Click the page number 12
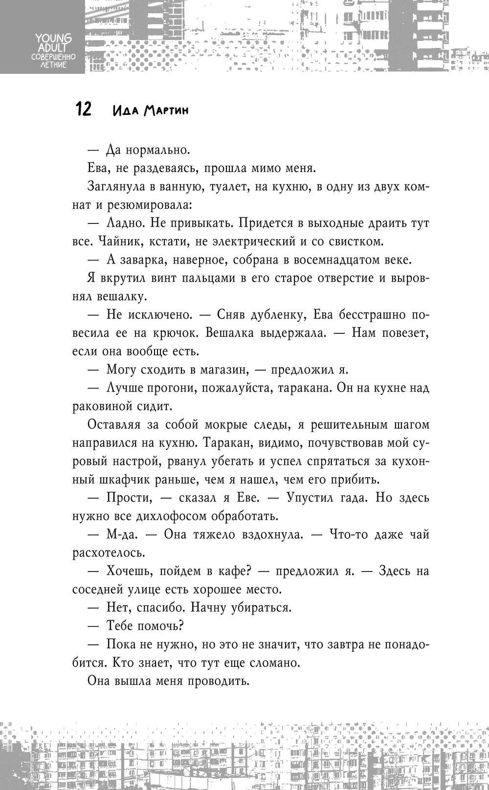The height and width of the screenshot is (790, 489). pyautogui.click(x=83, y=109)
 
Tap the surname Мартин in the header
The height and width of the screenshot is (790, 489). pyautogui.click(x=166, y=110)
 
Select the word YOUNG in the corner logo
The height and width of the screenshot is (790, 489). pyautogui.click(x=53, y=38)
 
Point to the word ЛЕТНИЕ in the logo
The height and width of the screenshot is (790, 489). pyautogui.click(x=53, y=65)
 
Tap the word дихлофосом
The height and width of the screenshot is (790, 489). pyautogui.click(x=161, y=516)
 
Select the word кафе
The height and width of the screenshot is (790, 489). pyautogui.click(x=236, y=571)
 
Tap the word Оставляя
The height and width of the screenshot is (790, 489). pyautogui.click(x=114, y=425)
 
